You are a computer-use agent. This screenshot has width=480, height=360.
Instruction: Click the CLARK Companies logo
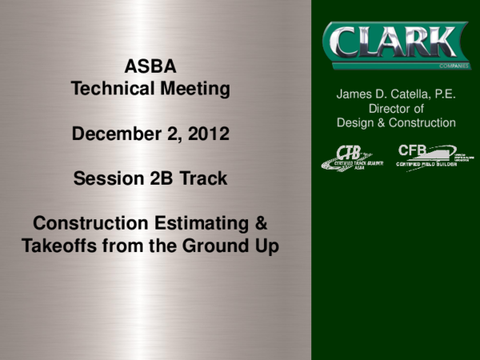[395, 43]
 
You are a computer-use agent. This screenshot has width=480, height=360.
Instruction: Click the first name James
[354, 94]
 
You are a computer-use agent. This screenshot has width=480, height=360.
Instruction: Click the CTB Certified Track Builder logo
[352, 156]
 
